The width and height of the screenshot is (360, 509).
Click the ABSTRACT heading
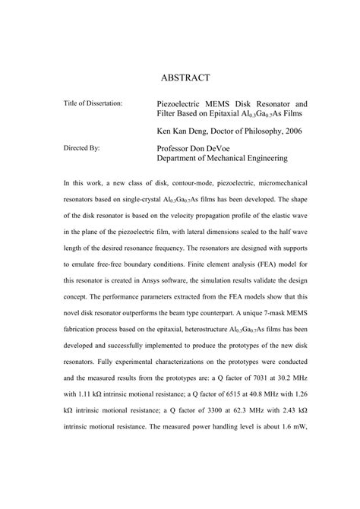(190, 77)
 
